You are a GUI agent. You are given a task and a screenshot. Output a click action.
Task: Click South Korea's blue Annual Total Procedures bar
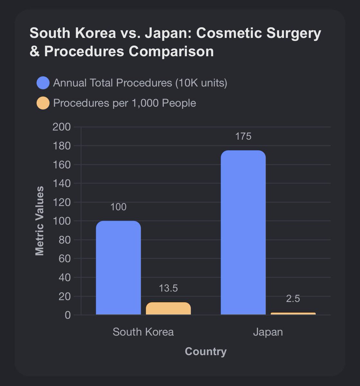tap(118, 268)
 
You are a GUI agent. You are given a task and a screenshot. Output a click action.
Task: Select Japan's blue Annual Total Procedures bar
tap(243, 233)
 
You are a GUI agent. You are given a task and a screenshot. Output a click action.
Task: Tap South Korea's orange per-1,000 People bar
tap(168, 308)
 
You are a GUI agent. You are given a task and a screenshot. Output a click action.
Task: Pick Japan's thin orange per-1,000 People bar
tap(293, 314)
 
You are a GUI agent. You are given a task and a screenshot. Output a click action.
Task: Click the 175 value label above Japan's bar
tap(243, 136)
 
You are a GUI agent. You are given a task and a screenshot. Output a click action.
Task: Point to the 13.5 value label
tap(168, 288)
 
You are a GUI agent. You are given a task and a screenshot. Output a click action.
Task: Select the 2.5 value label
tap(293, 299)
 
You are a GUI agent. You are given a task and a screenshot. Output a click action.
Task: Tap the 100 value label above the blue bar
tap(118, 207)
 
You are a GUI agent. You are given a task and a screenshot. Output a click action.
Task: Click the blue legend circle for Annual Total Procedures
tap(43, 83)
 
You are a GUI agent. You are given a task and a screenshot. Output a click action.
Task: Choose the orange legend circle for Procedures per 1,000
tap(43, 103)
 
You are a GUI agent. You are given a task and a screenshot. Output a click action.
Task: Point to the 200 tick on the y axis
tap(61, 127)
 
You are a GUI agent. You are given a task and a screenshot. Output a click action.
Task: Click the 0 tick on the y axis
tap(67, 315)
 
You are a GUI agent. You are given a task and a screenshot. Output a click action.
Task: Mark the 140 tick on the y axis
tap(61, 183)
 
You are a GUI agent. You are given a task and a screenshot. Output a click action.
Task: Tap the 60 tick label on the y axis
tap(65, 259)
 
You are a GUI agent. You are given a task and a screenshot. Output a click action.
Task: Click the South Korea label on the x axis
tap(143, 332)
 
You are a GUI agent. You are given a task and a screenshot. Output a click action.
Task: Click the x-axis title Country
tap(206, 351)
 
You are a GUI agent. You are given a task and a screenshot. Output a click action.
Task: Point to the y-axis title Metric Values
tap(40, 221)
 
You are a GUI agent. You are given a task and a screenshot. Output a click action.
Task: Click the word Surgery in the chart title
tap(293, 33)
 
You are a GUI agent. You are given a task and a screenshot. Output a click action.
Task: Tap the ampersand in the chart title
tap(35, 51)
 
